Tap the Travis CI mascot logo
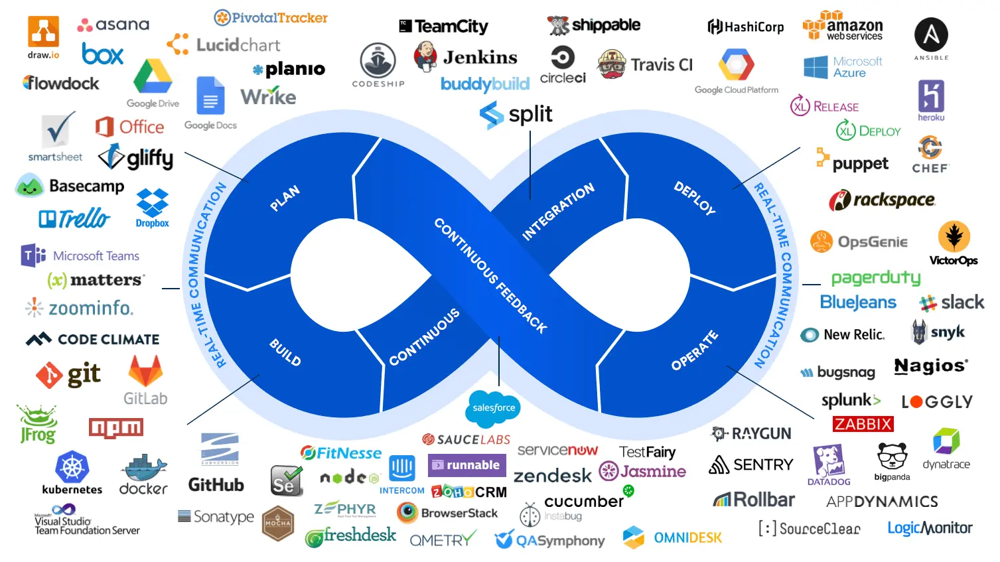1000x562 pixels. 612,64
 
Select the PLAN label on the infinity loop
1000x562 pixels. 285,198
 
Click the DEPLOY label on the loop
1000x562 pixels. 695,198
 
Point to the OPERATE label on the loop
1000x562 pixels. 694,350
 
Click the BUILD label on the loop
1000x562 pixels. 285,352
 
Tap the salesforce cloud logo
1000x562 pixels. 494,407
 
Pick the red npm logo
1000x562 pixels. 116,428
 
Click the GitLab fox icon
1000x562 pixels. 145,371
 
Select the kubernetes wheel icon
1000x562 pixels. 72,467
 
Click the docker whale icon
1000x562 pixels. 143,468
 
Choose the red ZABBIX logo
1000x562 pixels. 863,424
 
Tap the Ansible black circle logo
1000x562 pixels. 931,35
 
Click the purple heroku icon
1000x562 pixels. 931,96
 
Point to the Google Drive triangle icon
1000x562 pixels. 153,78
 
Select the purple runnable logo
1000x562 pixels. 467,465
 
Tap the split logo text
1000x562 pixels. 530,115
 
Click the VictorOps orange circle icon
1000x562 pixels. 954,236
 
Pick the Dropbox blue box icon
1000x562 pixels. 152,202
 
